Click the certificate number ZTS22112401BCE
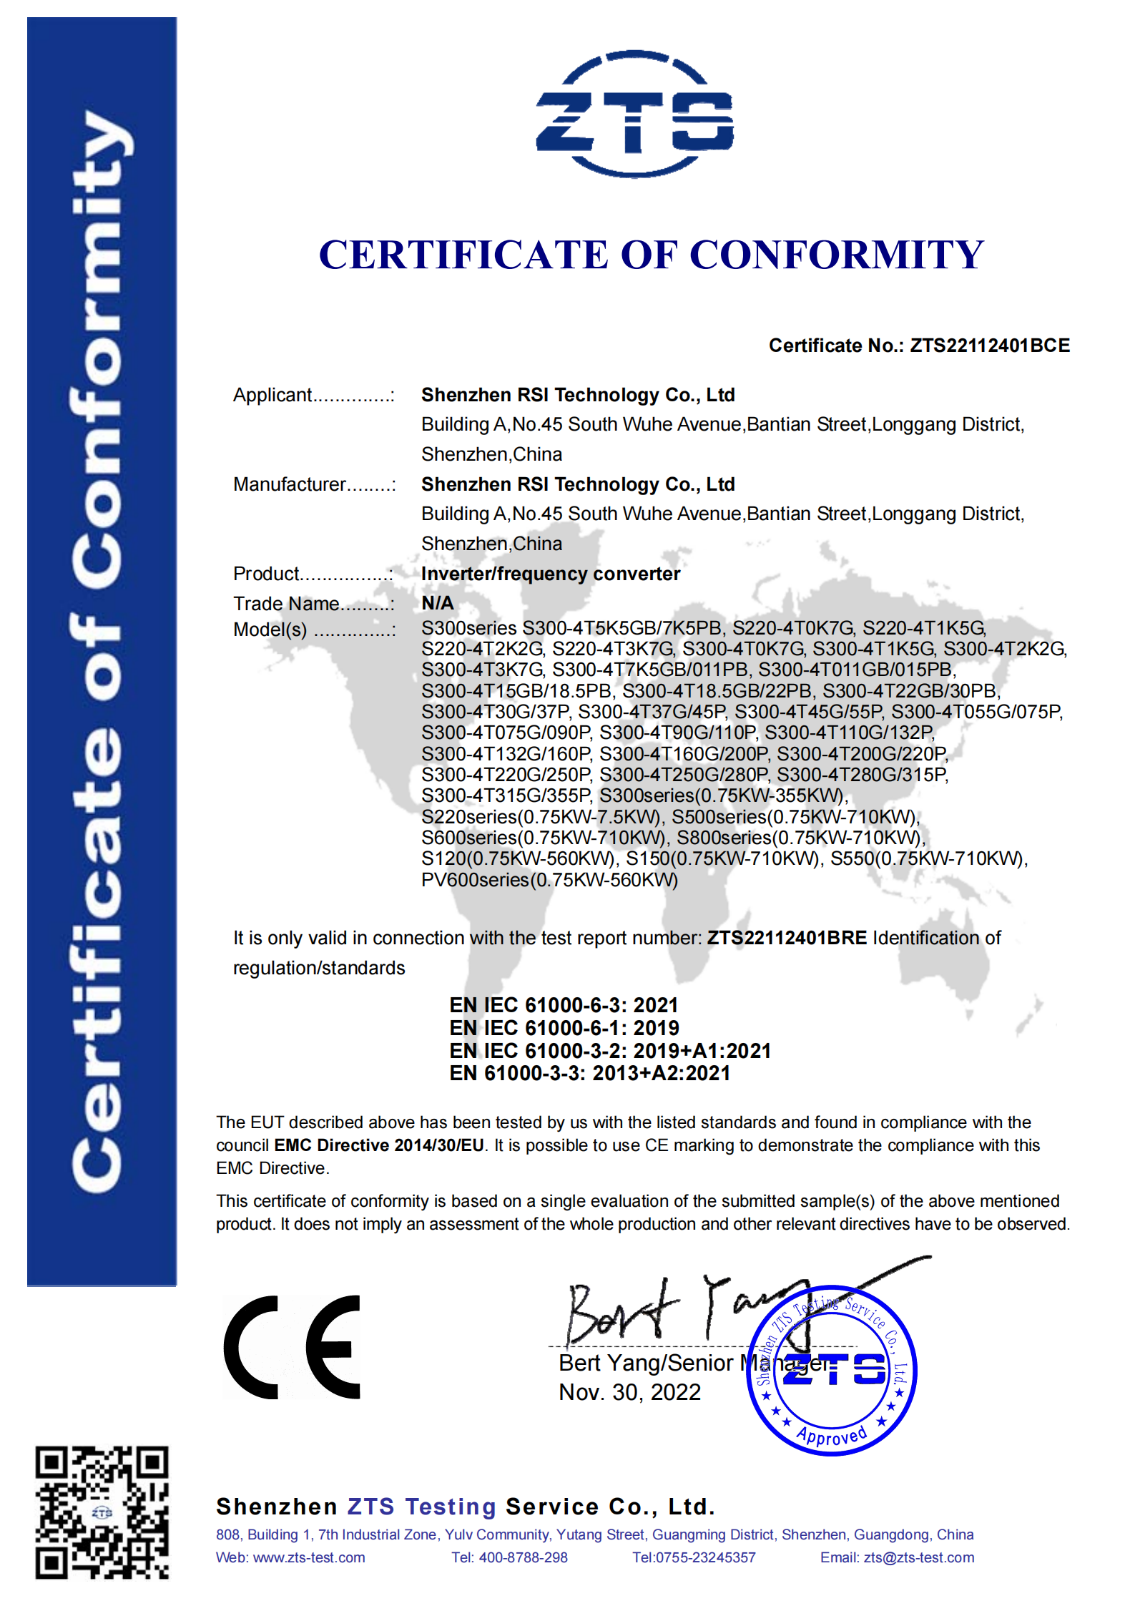(x=989, y=346)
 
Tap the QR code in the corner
(x=102, y=1512)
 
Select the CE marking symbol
(x=292, y=1346)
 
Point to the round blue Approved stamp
(x=831, y=1370)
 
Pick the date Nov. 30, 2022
(x=629, y=1392)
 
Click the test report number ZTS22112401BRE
(x=787, y=938)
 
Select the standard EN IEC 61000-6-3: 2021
(x=564, y=1005)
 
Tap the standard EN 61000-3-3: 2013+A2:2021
(x=589, y=1073)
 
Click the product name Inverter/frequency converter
(x=550, y=574)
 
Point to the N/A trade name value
(x=437, y=603)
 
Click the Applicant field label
(x=272, y=395)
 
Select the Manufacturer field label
(x=289, y=484)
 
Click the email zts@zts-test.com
(x=918, y=1557)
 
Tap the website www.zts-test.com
(x=309, y=1557)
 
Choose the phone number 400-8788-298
(x=523, y=1557)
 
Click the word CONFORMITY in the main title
(x=837, y=255)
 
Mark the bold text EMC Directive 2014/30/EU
(x=379, y=1145)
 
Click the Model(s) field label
(x=270, y=630)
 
